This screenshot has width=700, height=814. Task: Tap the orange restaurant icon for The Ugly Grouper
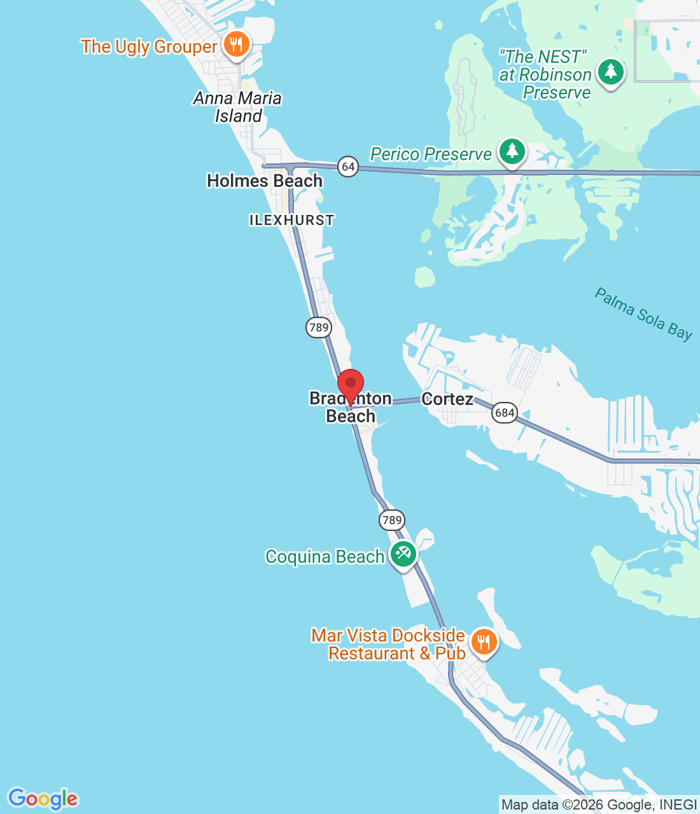pyautogui.click(x=237, y=45)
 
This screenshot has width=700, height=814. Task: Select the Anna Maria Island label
pyautogui.click(x=237, y=107)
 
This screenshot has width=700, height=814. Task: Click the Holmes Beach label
pyautogui.click(x=265, y=181)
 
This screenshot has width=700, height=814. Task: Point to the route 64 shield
pyautogui.click(x=348, y=167)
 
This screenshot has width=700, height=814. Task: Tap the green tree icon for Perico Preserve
pyautogui.click(x=512, y=151)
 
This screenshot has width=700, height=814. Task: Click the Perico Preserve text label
pyautogui.click(x=431, y=154)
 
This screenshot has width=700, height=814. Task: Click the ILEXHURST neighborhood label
pyautogui.click(x=291, y=220)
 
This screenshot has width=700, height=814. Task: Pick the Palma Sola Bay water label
pyautogui.click(x=643, y=314)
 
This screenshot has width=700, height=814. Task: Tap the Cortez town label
pyautogui.click(x=447, y=399)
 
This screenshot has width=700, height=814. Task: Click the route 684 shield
pyautogui.click(x=504, y=413)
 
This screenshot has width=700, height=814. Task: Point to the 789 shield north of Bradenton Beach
pyautogui.click(x=318, y=328)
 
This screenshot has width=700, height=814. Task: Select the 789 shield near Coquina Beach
pyautogui.click(x=392, y=520)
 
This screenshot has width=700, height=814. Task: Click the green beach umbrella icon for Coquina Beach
pyautogui.click(x=403, y=554)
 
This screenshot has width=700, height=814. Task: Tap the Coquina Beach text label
pyautogui.click(x=325, y=556)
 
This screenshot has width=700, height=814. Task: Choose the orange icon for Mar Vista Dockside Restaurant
pyautogui.click(x=484, y=642)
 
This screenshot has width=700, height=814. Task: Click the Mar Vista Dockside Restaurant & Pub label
pyautogui.click(x=388, y=644)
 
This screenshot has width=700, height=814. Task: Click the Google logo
pyautogui.click(x=43, y=798)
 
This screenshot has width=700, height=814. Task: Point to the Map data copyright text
pyautogui.click(x=599, y=805)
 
